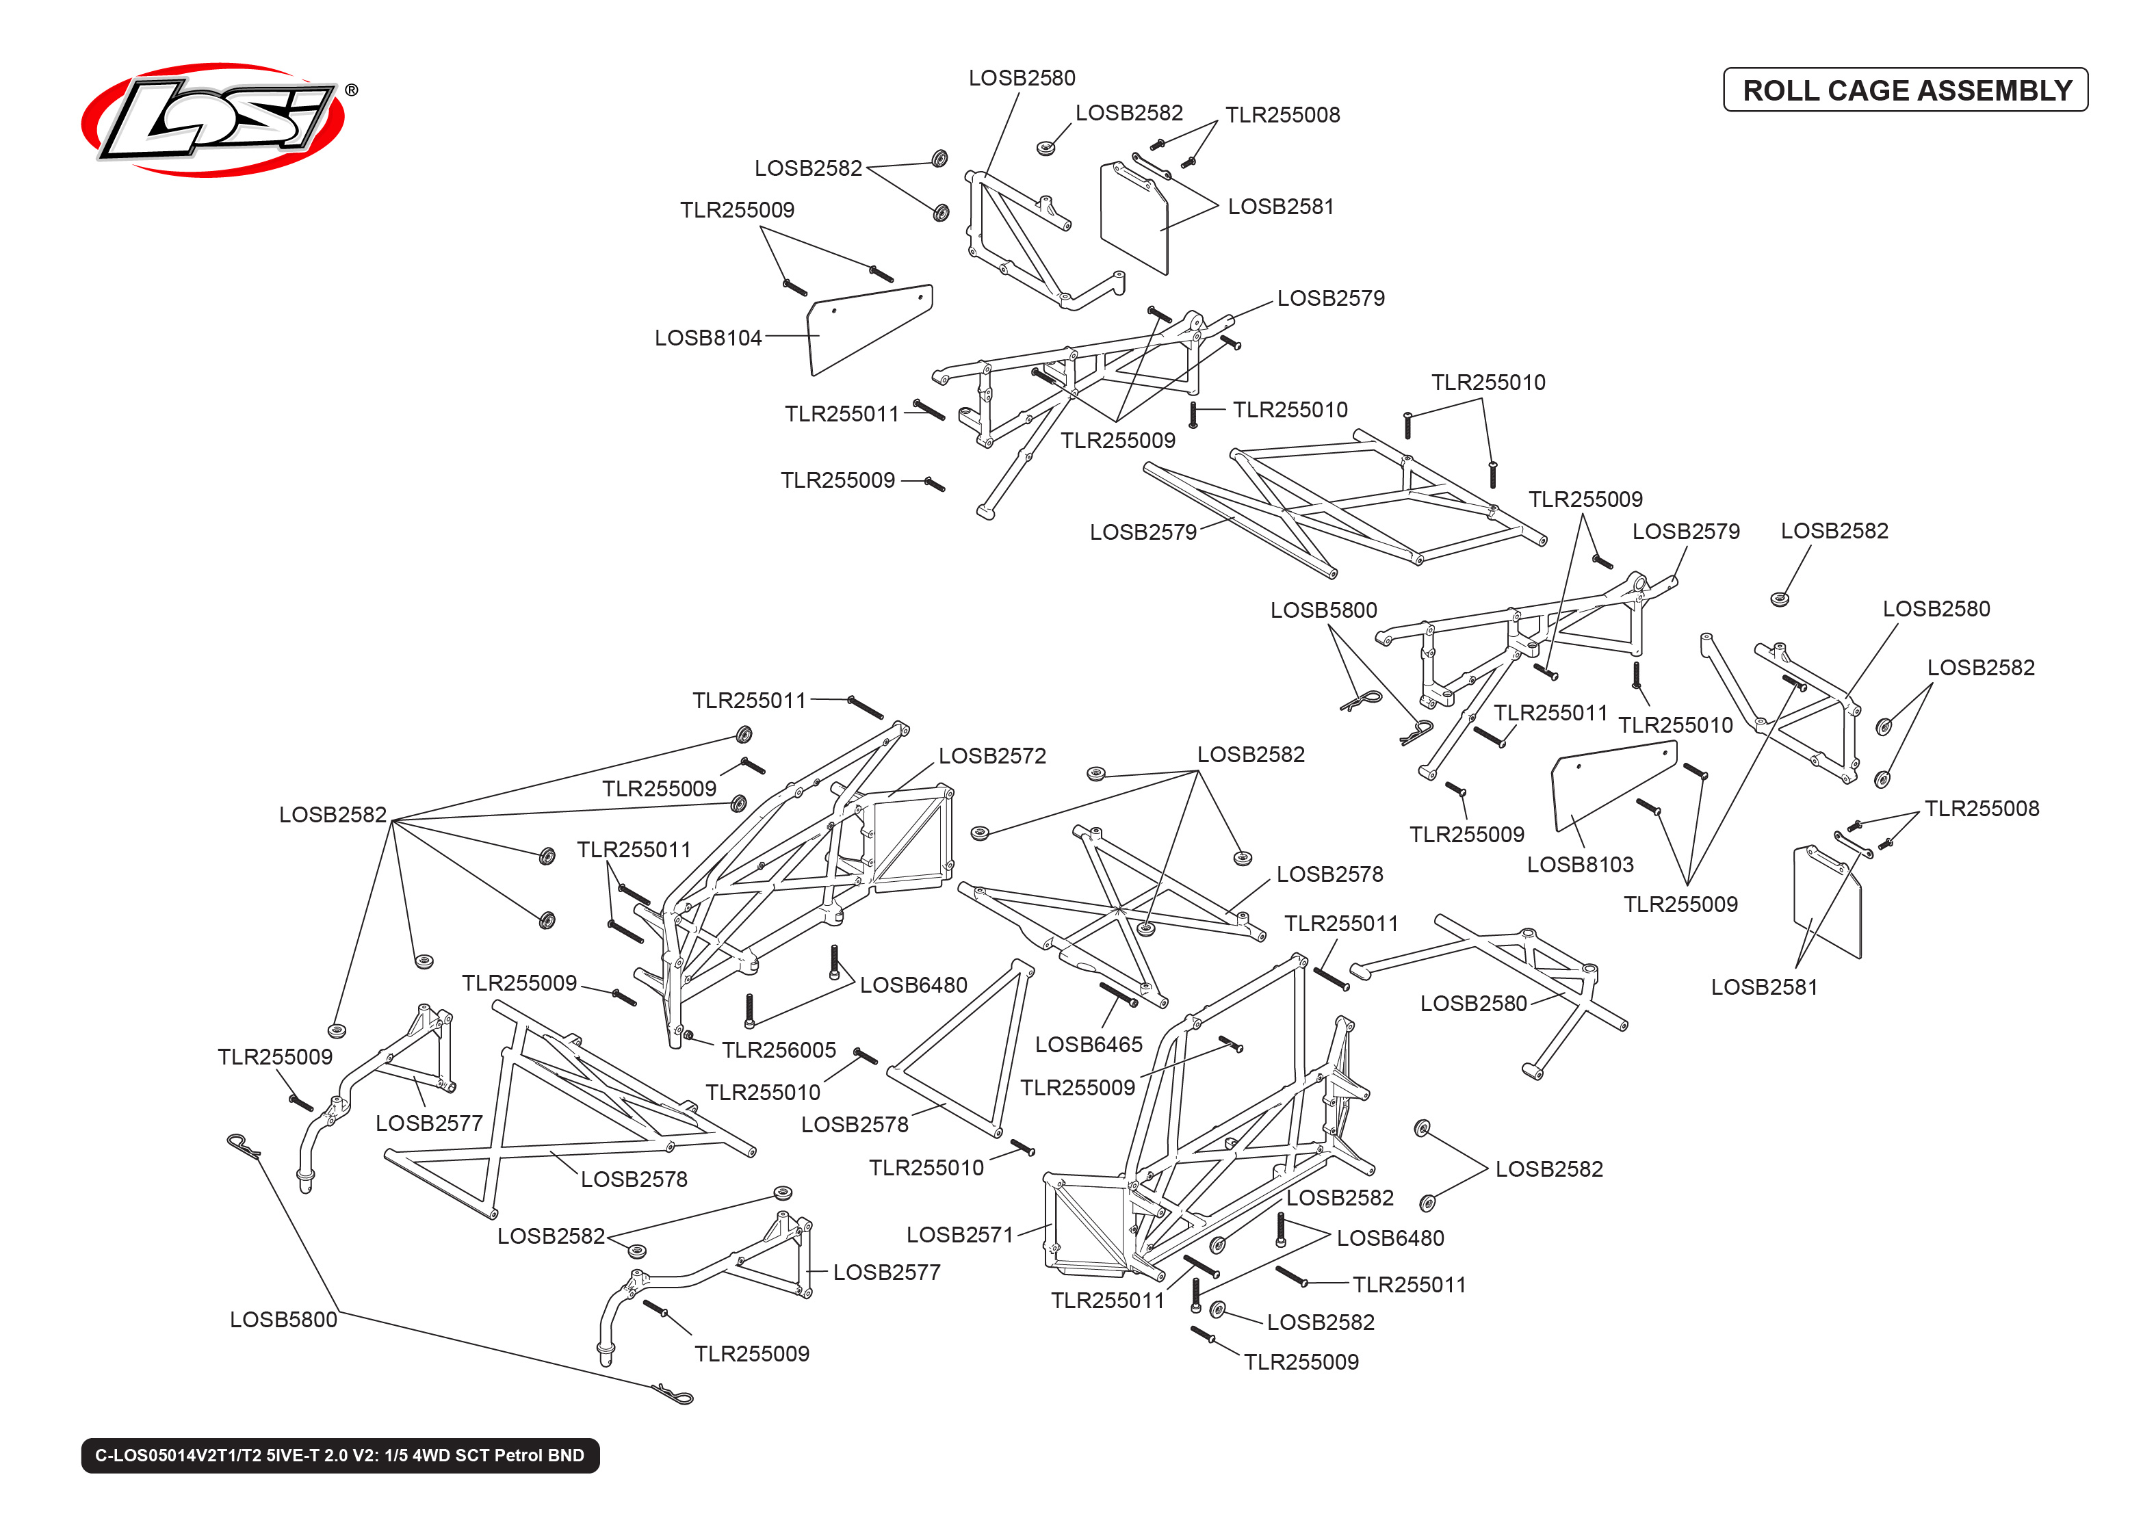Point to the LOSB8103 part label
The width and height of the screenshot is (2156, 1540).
pos(1580,864)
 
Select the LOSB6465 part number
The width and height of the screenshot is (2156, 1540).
pos(1089,1044)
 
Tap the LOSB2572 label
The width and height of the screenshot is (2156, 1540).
pos(991,756)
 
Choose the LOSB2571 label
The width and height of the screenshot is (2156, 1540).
pos(959,1235)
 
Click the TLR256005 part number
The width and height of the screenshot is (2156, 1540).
pos(779,1049)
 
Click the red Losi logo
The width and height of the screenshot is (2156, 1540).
pos(213,120)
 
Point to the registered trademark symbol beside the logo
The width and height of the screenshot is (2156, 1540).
pos(351,90)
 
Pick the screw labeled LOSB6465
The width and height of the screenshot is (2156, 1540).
pos(1118,995)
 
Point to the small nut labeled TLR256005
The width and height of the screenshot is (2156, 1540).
pos(688,1034)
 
